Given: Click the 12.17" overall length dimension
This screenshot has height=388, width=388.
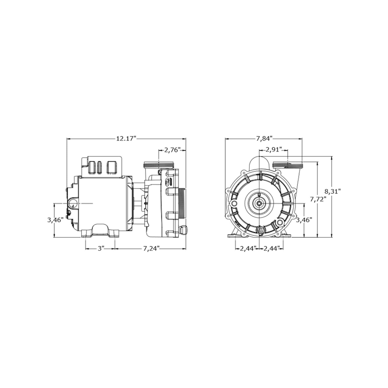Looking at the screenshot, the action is [x=126, y=139].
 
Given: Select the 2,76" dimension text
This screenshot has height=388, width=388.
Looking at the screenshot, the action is [x=172, y=150].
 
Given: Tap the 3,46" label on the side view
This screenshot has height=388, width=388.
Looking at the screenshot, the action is [x=55, y=220].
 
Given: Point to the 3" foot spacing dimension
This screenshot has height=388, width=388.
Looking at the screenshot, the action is [x=101, y=249].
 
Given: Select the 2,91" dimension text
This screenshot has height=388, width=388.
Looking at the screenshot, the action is [x=273, y=150].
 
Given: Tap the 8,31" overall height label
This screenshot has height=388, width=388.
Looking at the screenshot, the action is [x=332, y=191].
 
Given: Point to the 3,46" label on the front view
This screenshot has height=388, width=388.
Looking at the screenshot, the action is [x=304, y=220].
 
